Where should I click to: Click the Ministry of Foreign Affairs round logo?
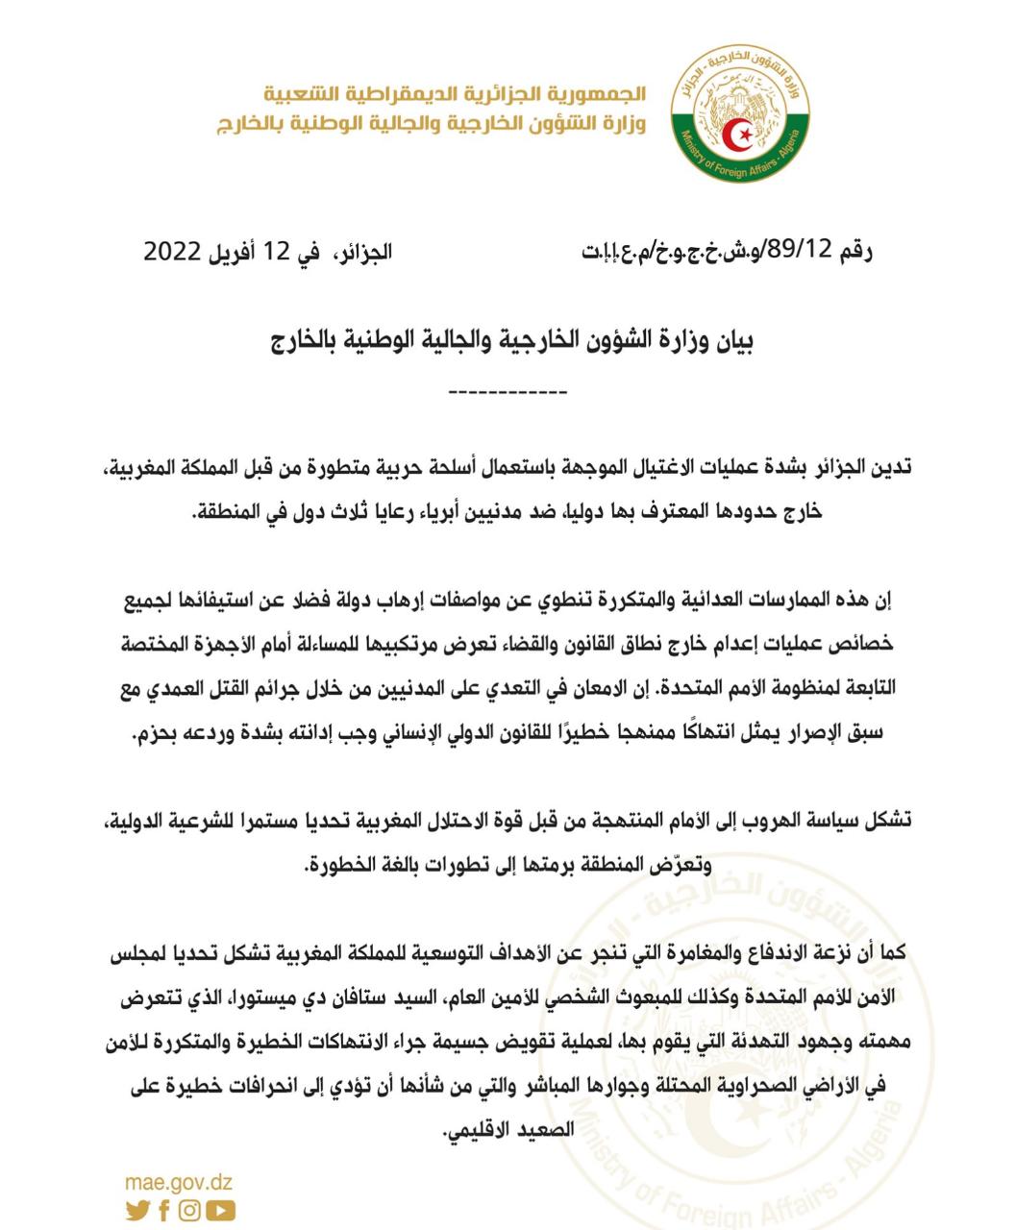tap(740, 112)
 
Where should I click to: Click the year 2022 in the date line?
tap(172, 253)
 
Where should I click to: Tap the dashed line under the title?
tap(508, 392)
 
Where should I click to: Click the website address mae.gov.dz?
tap(179, 1183)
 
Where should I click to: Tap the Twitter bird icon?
tap(137, 1211)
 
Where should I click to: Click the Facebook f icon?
tap(164, 1211)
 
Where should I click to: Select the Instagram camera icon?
tap(190, 1211)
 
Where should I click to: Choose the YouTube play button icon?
tap(220, 1211)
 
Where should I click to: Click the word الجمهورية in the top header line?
tap(601, 95)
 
